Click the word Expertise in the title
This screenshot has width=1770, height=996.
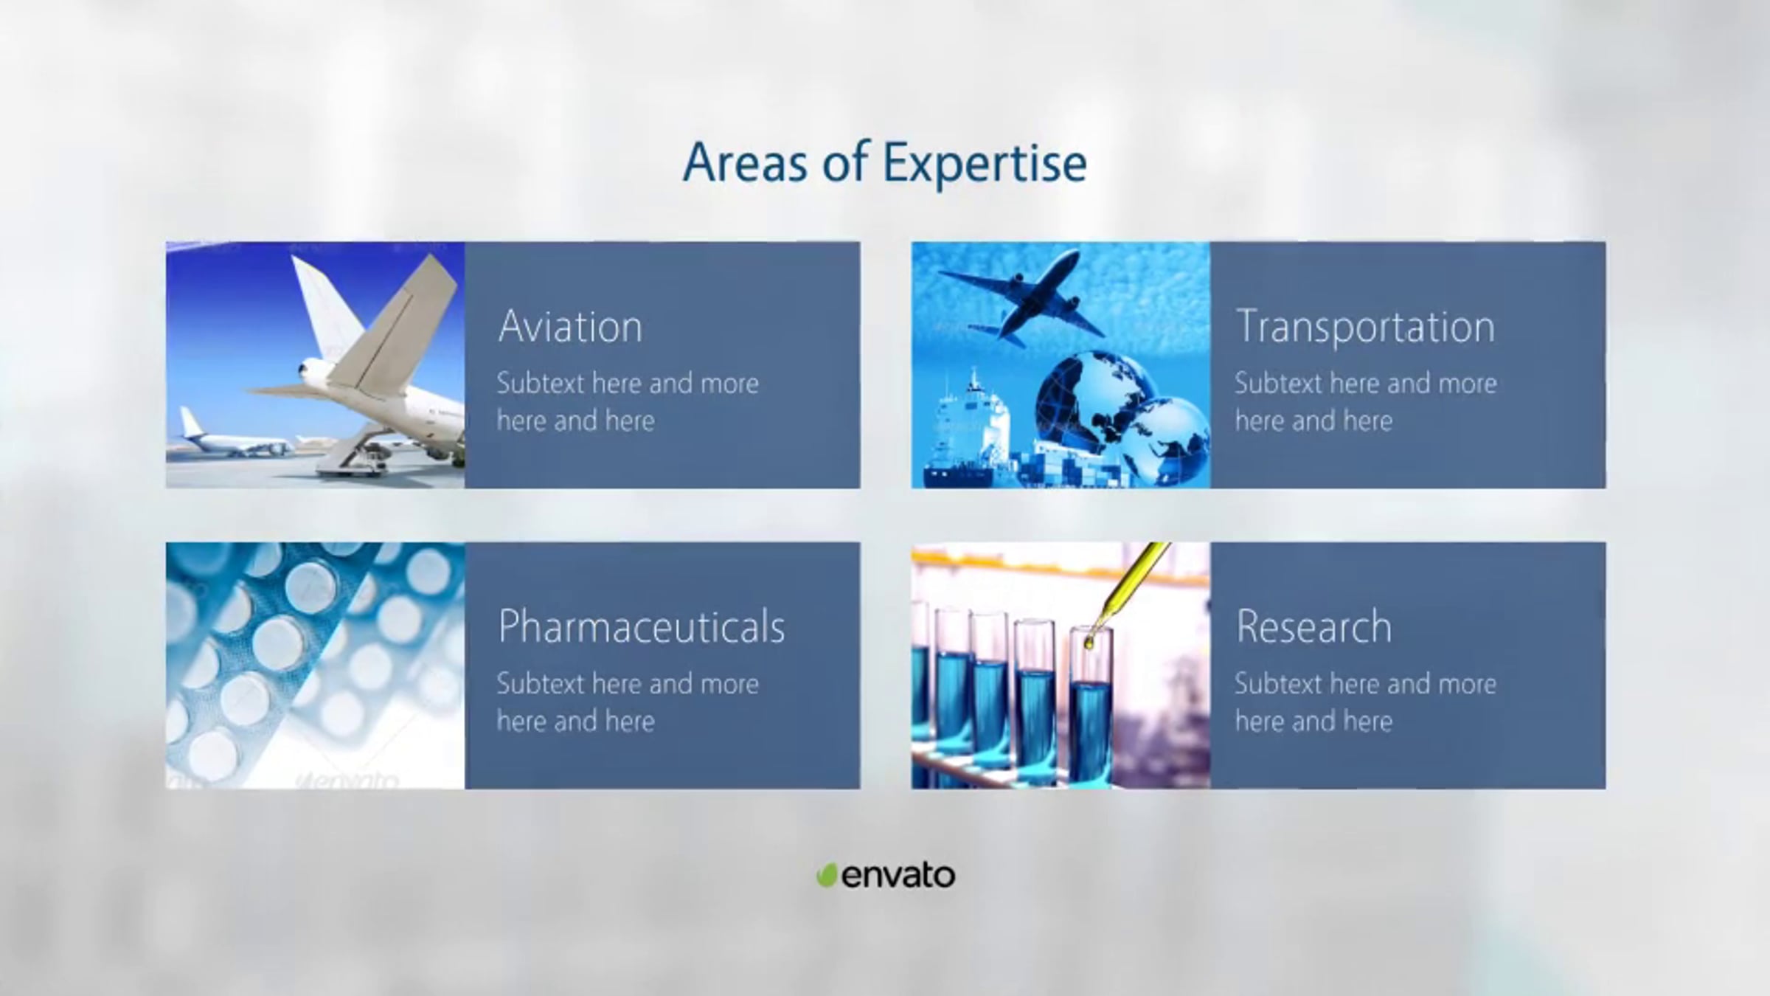[985, 164]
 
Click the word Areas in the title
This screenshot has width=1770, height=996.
[746, 162]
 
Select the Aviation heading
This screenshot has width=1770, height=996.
[570, 327]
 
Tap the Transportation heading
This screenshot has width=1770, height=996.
[1365, 327]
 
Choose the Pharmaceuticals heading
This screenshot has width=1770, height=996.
[642, 627]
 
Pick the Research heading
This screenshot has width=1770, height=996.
[1313, 627]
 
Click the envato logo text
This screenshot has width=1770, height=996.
[898, 876]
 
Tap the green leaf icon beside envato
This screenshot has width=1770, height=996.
[826, 875]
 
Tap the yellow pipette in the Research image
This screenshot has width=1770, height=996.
[1125, 590]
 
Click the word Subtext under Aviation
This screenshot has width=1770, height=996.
[541, 384]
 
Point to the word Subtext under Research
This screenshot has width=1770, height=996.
[1279, 684]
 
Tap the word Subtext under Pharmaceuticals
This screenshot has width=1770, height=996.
[541, 684]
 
